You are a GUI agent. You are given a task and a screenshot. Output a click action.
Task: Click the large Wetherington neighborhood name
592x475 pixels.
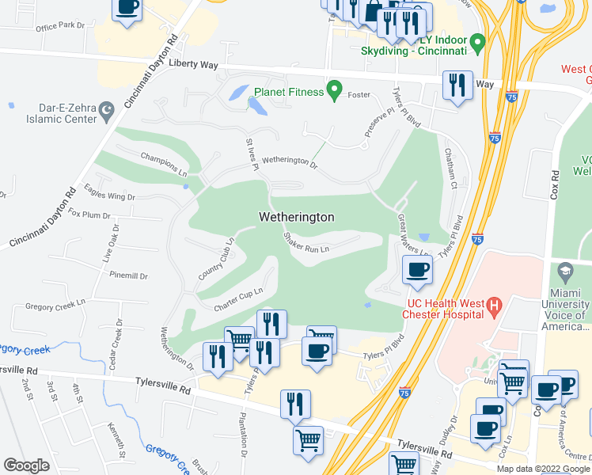pos(297,217)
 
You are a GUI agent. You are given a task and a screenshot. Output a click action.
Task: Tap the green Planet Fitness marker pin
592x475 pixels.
pos(335,91)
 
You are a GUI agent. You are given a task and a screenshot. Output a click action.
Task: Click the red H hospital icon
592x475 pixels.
pos(495,304)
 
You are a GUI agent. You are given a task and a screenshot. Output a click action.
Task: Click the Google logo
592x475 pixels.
pos(27,465)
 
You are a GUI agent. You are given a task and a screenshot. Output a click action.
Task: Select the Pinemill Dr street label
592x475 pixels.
pos(129,275)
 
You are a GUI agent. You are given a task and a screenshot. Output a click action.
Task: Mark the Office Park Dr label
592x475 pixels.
pos(60,26)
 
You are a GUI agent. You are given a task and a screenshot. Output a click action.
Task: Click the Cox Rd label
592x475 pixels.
pos(556,186)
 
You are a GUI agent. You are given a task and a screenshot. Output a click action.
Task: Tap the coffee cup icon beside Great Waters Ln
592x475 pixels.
pos(417,269)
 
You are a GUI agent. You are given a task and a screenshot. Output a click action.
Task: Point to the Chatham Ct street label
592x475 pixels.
pos(450,163)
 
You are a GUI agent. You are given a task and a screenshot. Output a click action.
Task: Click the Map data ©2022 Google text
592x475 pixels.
pos(543,469)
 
